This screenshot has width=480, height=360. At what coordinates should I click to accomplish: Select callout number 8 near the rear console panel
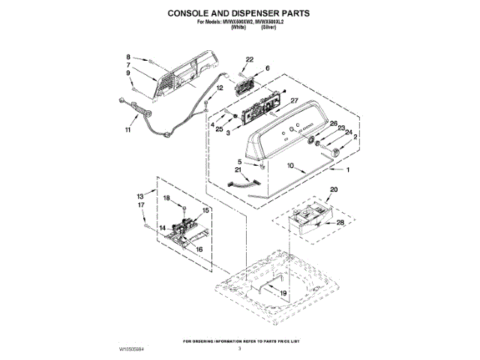click(x=128, y=57)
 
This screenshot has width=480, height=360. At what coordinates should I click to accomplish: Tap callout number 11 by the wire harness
click(x=127, y=130)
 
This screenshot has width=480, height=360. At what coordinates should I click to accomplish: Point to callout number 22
click(x=250, y=59)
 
